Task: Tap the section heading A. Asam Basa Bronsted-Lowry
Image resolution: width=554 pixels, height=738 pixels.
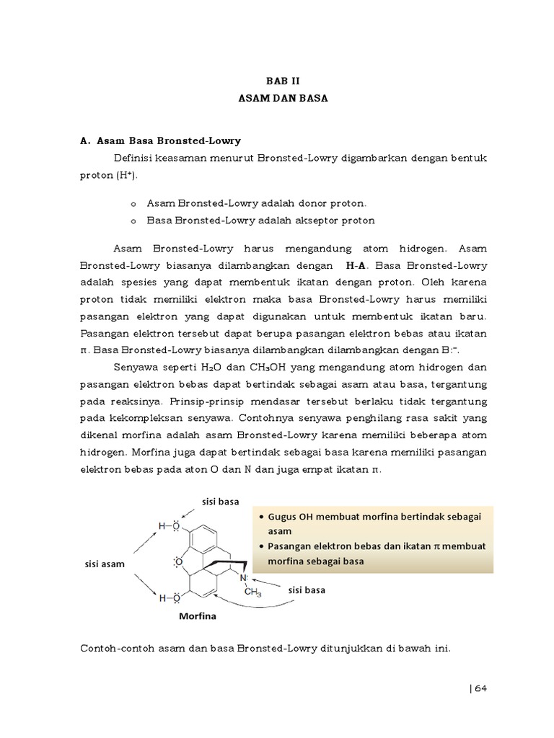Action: click(x=159, y=141)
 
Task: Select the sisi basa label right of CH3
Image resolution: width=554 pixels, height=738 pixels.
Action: click(x=307, y=590)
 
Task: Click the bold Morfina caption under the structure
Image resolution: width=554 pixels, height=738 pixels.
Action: click(x=197, y=616)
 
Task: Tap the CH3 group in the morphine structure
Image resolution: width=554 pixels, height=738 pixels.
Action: click(x=252, y=592)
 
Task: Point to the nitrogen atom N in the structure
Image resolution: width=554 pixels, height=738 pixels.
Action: click(x=244, y=578)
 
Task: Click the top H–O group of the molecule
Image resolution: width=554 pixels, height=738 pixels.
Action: click(x=169, y=526)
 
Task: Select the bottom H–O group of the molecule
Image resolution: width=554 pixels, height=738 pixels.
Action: click(x=169, y=597)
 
